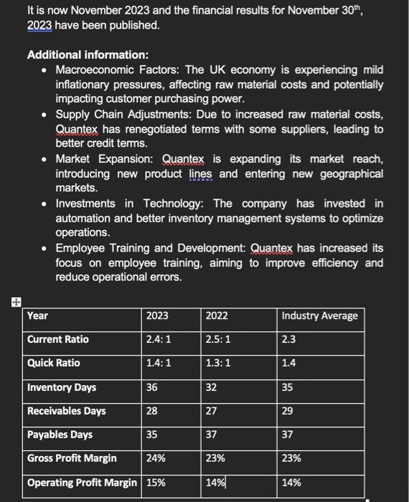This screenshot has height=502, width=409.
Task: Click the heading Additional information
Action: tap(88, 55)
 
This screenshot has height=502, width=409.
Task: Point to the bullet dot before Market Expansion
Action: tap(44, 159)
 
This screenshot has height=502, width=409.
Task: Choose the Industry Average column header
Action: tap(319, 316)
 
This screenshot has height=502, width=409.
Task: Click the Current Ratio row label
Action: tap(58, 339)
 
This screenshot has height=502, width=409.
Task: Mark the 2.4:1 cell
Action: tap(159, 339)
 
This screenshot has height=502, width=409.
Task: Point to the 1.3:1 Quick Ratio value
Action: tap(218, 363)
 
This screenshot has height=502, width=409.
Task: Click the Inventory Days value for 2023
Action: tap(151, 387)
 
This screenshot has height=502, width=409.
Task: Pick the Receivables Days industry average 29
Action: tap(288, 411)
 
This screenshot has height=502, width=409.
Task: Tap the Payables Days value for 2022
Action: tap(212, 435)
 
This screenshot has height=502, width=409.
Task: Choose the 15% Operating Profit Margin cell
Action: tap(156, 483)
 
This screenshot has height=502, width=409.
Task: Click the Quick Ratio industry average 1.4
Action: tap(289, 363)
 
